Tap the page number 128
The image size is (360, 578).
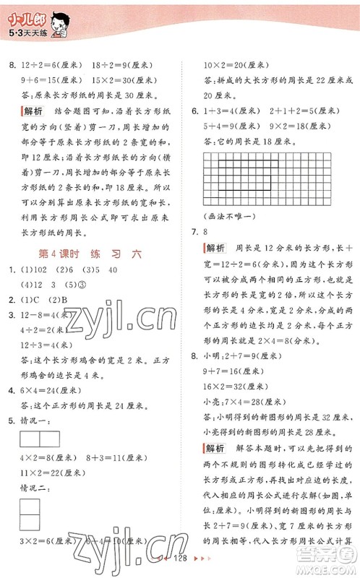click(179, 559)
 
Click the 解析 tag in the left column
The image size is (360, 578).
click(33, 111)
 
